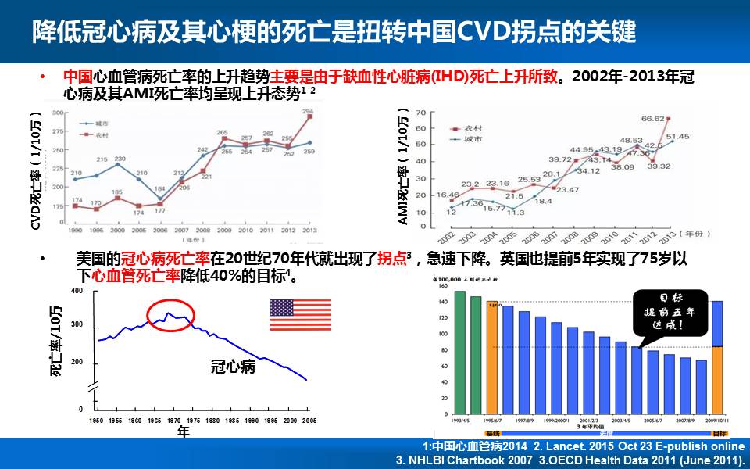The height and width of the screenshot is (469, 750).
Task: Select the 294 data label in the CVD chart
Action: coord(308,111)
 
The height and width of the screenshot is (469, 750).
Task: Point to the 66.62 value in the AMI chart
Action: coord(654,119)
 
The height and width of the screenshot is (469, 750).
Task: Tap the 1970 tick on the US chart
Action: coord(173,421)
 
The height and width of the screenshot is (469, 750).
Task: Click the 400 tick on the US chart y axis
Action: coord(76,292)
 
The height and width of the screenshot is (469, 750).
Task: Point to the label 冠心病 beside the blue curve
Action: coord(233,366)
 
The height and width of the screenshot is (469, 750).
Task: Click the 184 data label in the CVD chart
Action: coord(159,188)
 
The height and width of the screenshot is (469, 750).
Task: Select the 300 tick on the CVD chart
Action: coord(58,113)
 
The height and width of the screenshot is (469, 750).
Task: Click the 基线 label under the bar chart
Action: coord(492,432)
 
